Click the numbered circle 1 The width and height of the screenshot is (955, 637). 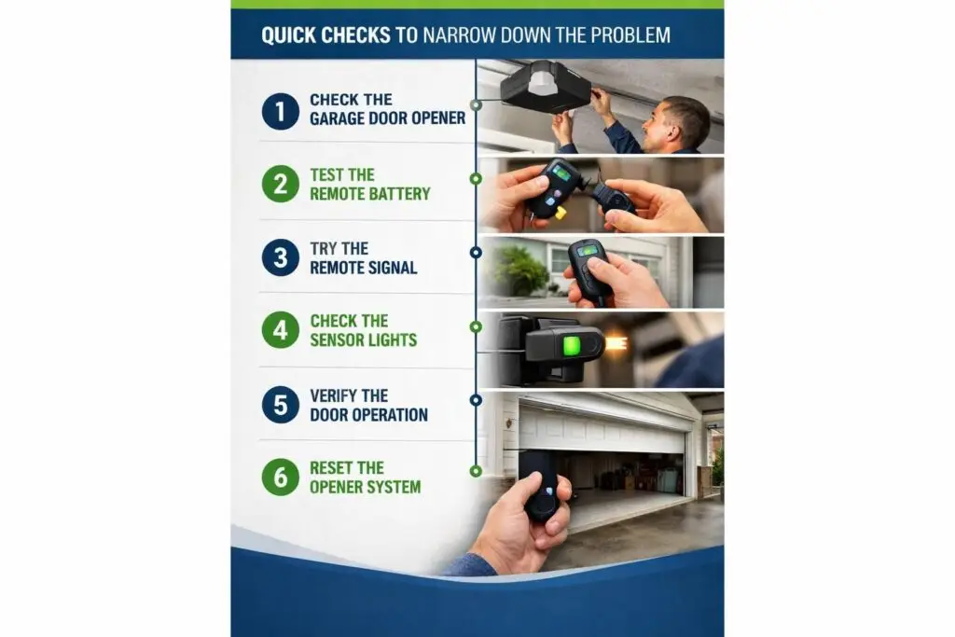pos(280,110)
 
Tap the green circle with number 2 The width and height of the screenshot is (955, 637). pos(280,184)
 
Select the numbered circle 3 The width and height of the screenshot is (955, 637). pos(280,257)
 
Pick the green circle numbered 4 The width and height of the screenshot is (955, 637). pos(280,330)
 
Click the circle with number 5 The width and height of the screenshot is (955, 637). pos(280,404)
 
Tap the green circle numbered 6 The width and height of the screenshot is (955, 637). pos(280,477)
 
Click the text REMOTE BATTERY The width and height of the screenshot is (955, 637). pos(369,193)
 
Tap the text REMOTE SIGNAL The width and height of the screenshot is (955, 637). pos(363,268)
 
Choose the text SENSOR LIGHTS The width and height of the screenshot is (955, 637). pos(365,340)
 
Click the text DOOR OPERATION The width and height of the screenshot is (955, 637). pos(368,414)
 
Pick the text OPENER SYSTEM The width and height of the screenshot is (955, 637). pos(365,487)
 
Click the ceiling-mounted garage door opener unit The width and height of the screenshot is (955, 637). pos(545,86)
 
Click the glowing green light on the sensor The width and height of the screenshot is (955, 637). pos(571,347)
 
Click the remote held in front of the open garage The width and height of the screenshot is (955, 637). pos(540,484)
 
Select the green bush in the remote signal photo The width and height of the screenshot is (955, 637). pos(518,270)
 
